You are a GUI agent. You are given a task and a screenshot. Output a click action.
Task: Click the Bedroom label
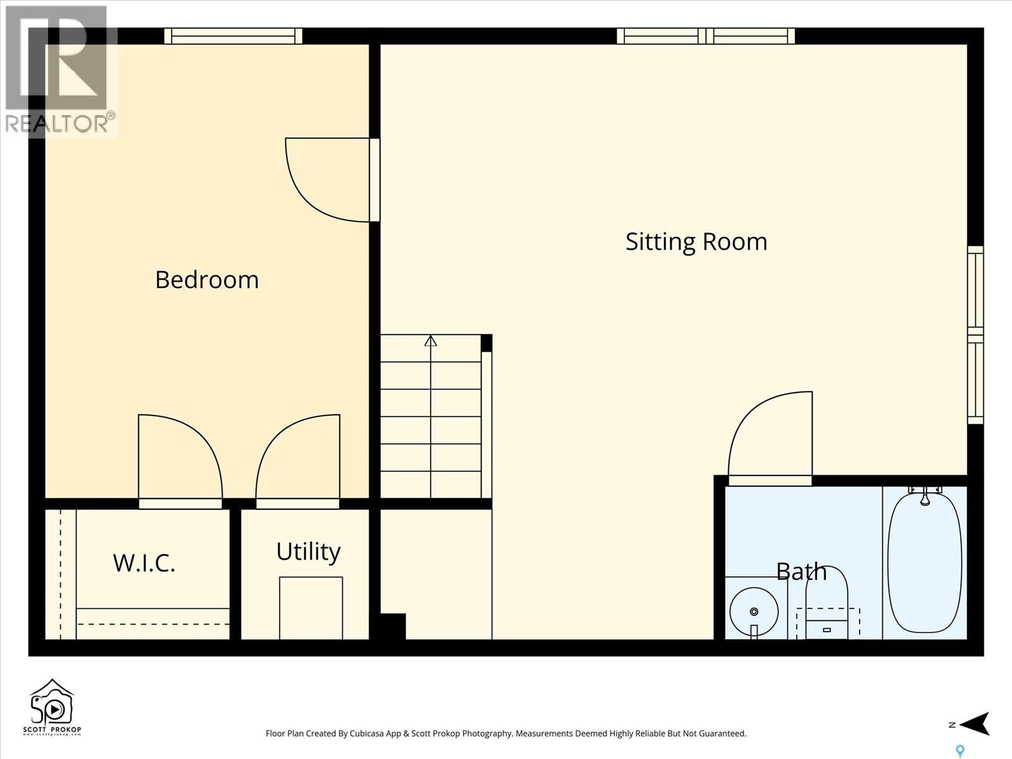[207, 280]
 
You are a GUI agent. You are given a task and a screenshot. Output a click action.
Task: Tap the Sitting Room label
[696, 242]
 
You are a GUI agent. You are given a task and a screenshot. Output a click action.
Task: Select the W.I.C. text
[144, 562]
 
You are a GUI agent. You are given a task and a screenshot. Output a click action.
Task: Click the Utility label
[308, 552]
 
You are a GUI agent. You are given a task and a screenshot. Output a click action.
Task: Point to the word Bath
[801, 571]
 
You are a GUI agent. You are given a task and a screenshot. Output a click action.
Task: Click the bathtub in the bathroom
[925, 563]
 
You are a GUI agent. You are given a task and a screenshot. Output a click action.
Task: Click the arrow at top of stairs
[431, 341]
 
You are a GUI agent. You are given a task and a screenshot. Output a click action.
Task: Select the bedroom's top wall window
[233, 36]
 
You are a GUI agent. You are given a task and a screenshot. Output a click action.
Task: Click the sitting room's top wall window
[706, 36]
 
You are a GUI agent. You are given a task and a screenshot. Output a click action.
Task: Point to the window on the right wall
[975, 335]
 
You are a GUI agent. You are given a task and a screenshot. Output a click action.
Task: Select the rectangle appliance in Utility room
[311, 607]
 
